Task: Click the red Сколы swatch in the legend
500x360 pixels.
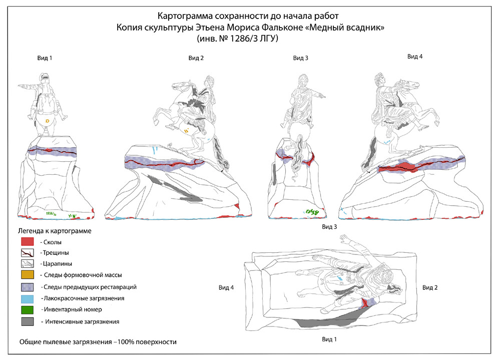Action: click(27, 242)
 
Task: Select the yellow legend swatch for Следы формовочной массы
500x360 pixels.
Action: click(27, 275)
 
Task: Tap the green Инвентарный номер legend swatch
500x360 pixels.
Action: click(27, 309)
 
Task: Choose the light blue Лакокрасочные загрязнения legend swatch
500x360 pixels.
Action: click(27, 298)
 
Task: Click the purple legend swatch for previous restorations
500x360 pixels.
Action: click(27, 287)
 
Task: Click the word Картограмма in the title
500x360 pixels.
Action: click(186, 17)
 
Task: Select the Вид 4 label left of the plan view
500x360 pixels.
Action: click(226, 287)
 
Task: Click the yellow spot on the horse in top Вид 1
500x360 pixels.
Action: click(47, 121)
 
